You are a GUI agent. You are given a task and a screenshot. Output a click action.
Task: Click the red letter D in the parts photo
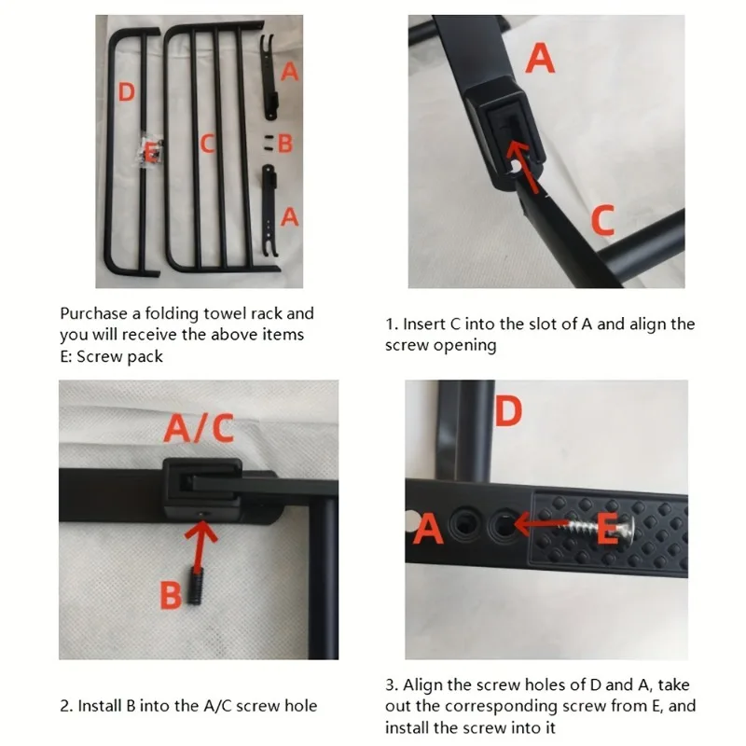tap(126, 91)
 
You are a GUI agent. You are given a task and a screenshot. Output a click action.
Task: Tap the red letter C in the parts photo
tap(207, 143)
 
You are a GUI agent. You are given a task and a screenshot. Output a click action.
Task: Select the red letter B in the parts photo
tap(285, 144)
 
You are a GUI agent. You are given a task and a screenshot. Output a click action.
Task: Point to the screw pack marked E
tap(150, 153)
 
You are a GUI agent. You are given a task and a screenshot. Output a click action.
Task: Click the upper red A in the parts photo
tap(290, 72)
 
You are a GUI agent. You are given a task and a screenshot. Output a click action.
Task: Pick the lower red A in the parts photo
tap(290, 217)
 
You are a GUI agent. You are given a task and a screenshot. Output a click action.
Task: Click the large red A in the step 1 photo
tap(540, 58)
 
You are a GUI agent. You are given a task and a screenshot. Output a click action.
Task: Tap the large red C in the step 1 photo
tap(603, 220)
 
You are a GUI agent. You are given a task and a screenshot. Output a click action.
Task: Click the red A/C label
tap(199, 428)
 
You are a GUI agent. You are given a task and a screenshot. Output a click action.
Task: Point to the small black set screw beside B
tap(195, 586)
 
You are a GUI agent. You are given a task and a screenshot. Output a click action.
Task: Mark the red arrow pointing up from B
tap(200, 546)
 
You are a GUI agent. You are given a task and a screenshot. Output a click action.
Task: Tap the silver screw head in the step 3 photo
tap(628, 528)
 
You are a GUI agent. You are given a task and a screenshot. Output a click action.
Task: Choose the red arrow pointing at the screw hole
tap(543, 525)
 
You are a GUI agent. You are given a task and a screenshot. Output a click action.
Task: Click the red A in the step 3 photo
tap(428, 530)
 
